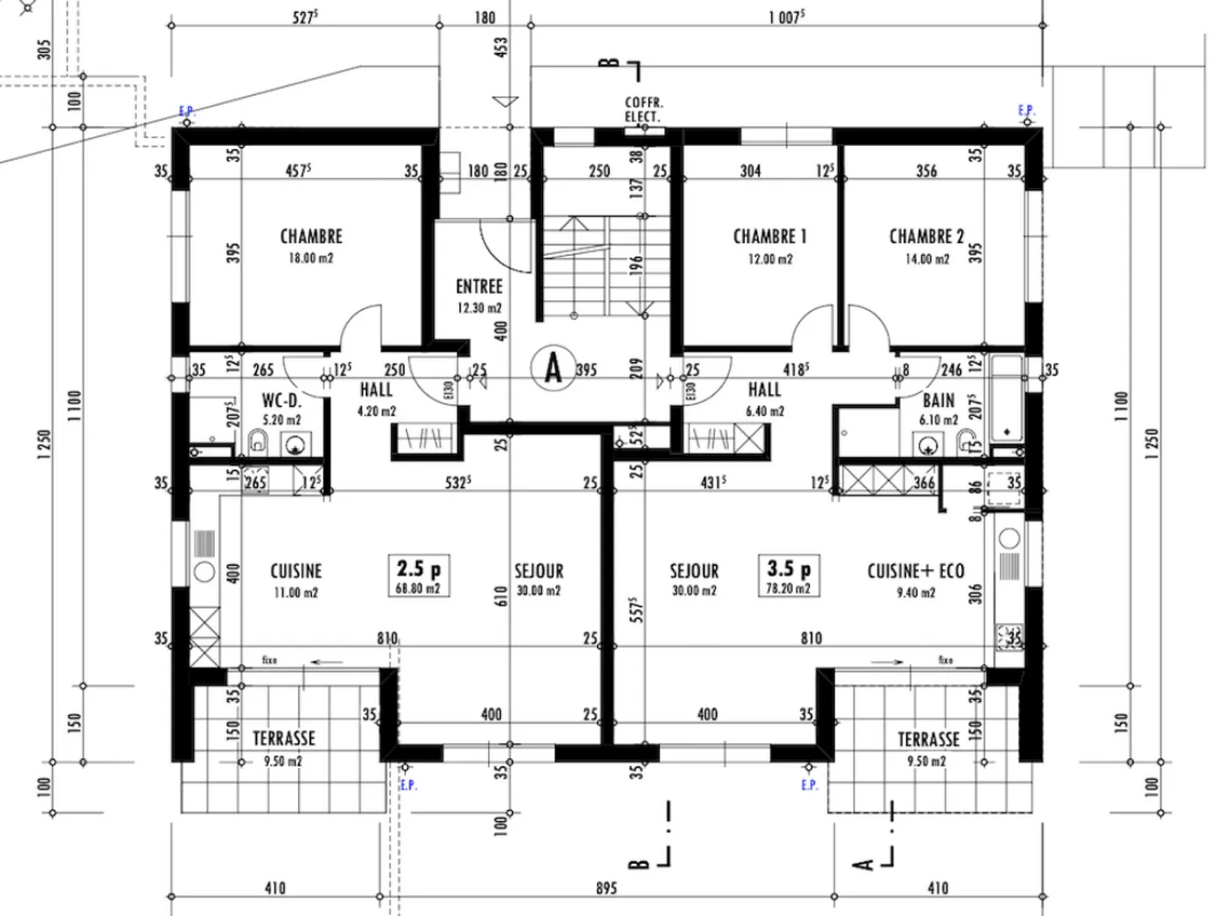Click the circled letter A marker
point(553,368)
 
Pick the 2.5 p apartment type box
point(419,576)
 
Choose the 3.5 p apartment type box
point(788,576)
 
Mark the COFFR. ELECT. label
point(643,110)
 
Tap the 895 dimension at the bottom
point(606,888)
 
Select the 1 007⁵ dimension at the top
point(785,18)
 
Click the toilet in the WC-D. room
point(258,441)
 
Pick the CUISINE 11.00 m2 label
point(296,579)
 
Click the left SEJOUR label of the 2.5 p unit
point(539,579)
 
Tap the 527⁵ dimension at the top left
point(305,18)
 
